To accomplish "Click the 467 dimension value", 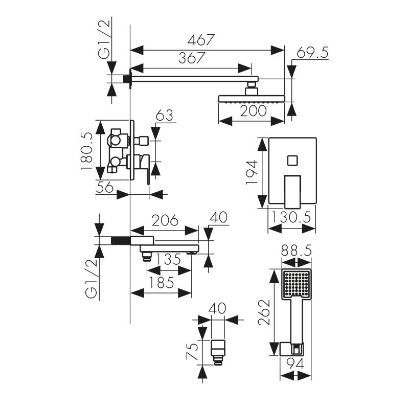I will [x=200, y=40].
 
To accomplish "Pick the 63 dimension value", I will [x=164, y=115].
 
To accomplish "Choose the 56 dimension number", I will [x=105, y=187].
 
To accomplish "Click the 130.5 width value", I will [x=291, y=217].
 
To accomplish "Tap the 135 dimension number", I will [x=168, y=259].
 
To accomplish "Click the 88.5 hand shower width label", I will [x=297, y=252].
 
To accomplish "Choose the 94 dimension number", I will [x=296, y=364].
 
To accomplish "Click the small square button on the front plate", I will [x=292, y=160].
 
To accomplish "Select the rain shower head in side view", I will [x=251, y=98].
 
